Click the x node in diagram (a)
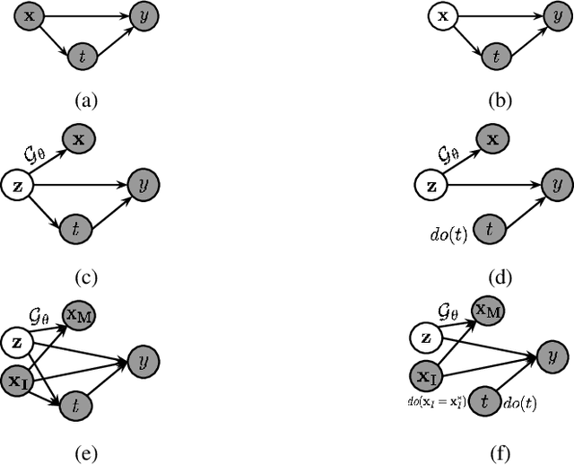coord(30,15)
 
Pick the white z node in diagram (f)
coord(426,338)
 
